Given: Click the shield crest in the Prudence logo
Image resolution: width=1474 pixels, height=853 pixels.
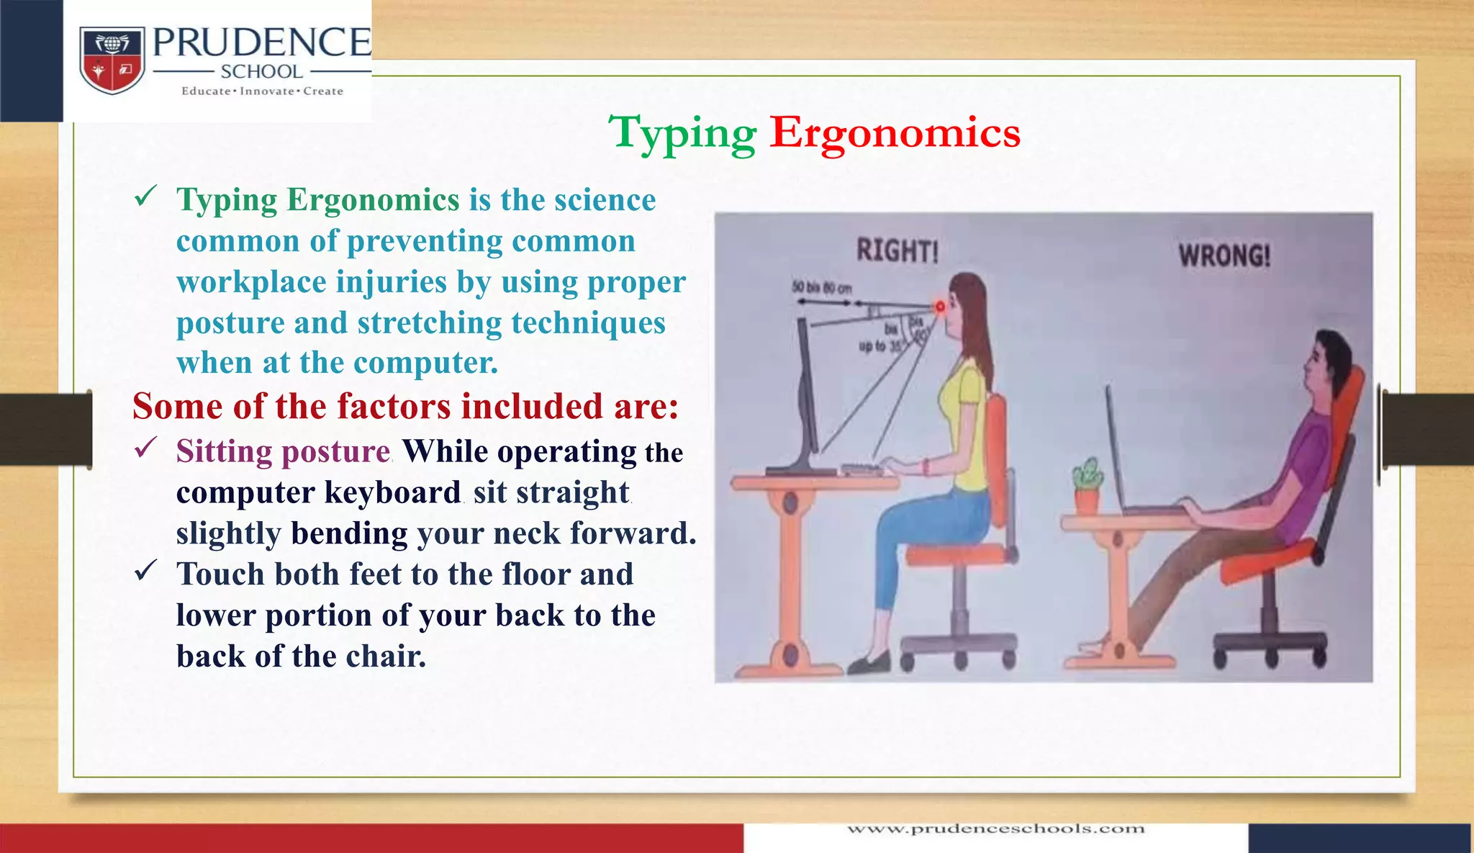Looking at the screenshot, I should (112, 60).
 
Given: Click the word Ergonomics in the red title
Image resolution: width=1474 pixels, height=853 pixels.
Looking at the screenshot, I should (895, 133).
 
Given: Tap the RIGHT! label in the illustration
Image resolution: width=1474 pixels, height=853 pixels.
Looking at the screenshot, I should (897, 251).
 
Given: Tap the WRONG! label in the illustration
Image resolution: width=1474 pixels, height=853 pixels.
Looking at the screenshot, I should (1224, 256).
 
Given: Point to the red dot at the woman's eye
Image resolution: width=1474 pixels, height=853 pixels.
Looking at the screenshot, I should (939, 307).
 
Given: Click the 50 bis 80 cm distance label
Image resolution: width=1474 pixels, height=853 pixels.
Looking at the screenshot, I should (821, 288).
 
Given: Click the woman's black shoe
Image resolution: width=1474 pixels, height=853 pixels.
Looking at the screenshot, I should (869, 663).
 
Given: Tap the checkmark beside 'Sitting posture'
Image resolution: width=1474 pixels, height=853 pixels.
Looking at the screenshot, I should (146, 448).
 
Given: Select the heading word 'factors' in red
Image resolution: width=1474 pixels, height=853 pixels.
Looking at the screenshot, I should (395, 407).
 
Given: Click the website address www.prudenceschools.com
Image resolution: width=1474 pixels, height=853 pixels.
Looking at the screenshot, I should (995, 829).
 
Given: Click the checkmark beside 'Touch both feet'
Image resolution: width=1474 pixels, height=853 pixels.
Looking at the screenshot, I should (146, 572).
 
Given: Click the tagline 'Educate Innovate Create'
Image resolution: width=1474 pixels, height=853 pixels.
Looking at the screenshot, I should (262, 91).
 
